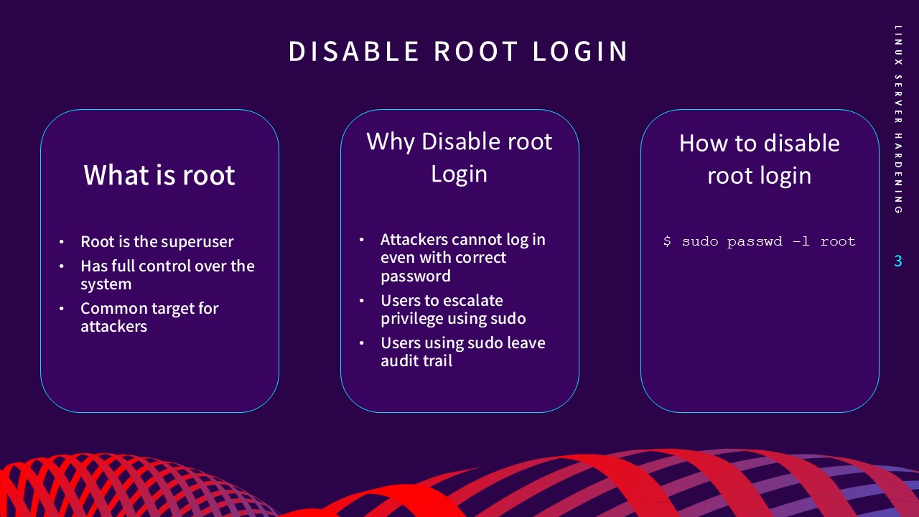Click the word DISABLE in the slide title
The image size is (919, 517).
(x=354, y=52)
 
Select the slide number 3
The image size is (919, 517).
(x=897, y=261)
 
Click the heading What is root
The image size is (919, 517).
(x=159, y=175)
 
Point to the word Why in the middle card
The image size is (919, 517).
(x=391, y=141)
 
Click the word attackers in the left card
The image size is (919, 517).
(x=113, y=327)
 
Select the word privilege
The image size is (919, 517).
(x=412, y=319)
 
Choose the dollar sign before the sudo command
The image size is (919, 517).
(x=667, y=242)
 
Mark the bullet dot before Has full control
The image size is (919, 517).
(x=62, y=266)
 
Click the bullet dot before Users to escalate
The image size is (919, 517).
(x=361, y=301)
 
